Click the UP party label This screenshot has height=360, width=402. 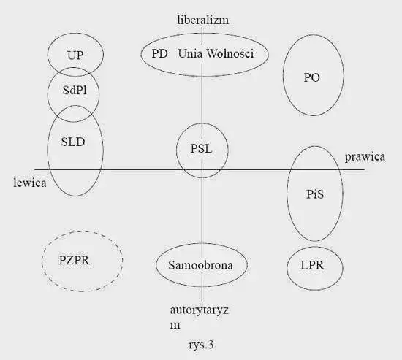[75, 55]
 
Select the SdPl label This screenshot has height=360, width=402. [75, 91]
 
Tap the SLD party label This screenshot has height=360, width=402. [73, 142]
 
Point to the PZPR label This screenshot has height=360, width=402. [75, 261]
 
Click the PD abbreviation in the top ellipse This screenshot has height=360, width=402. [160, 53]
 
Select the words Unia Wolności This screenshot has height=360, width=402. [216, 53]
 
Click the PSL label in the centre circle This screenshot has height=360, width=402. [201, 149]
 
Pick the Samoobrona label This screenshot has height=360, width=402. [201, 265]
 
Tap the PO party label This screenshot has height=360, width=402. [312, 77]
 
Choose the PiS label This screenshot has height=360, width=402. [315, 194]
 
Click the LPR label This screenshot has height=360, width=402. [312, 265]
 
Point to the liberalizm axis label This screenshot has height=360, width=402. [202, 20]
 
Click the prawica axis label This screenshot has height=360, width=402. [365, 157]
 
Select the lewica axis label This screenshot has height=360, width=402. [30, 183]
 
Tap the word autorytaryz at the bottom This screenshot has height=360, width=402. [200, 310]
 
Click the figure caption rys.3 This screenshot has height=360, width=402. [201, 345]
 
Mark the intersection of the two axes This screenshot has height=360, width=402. [202, 169]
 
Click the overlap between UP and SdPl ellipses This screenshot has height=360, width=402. [75, 72]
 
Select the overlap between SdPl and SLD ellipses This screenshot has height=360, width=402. [74, 113]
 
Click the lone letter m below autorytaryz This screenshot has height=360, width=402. [175, 326]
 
